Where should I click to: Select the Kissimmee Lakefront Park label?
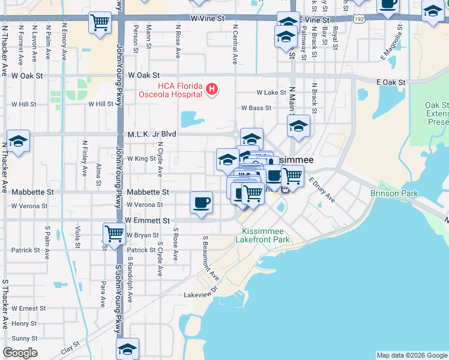point(266,235)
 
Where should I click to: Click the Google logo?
point(20,353)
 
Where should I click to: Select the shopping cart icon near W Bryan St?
point(114,233)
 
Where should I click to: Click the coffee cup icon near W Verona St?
point(202,202)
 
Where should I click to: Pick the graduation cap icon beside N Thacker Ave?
point(19,142)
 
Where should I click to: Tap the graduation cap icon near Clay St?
point(128,349)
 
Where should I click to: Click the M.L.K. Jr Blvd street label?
point(152,134)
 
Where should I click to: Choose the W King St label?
point(141,159)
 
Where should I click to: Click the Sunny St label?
point(25,338)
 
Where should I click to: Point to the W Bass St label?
point(256,109)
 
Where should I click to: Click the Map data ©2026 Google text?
point(412,355)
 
